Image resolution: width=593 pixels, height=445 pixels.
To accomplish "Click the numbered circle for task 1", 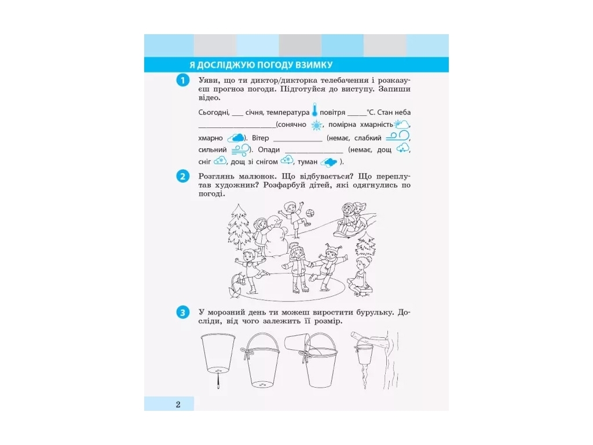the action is click(x=182, y=80).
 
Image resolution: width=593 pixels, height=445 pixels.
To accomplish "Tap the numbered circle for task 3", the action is click(x=182, y=312).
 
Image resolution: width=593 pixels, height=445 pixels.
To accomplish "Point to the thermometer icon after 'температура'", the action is click(x=314, y=110).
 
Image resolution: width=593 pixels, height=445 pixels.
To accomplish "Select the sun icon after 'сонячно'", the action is click(x=317, y=125).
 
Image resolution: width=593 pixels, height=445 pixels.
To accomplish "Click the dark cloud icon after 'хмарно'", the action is click(x=236, y=138).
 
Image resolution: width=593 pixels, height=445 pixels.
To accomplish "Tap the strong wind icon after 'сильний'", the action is click(x=240, y=150).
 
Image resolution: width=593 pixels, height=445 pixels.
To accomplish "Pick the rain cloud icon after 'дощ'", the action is click(x=402, y=148).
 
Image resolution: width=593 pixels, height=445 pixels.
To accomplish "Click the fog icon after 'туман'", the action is click(x=329, y=163).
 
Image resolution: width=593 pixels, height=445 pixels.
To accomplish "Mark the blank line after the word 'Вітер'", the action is click(x=298, y=141).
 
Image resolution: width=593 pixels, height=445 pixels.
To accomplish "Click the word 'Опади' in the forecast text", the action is click(x=269, y=150).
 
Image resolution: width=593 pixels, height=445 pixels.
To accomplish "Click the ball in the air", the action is click(x=310, y=213).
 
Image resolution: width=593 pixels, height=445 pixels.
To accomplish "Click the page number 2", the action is click(x=178, y=404).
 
